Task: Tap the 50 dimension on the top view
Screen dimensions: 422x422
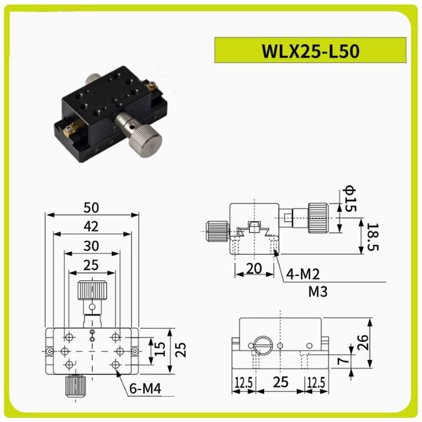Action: click(91, 208)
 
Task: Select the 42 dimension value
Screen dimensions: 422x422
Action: click(91, 227)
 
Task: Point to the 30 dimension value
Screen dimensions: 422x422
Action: click(91, 246)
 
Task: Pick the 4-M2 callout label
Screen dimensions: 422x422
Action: click(305, 273)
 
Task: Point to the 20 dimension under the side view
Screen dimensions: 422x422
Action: click(254, 268)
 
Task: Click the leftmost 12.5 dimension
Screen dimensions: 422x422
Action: click(244, 384)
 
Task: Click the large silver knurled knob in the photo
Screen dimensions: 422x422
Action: click(145, 138)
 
